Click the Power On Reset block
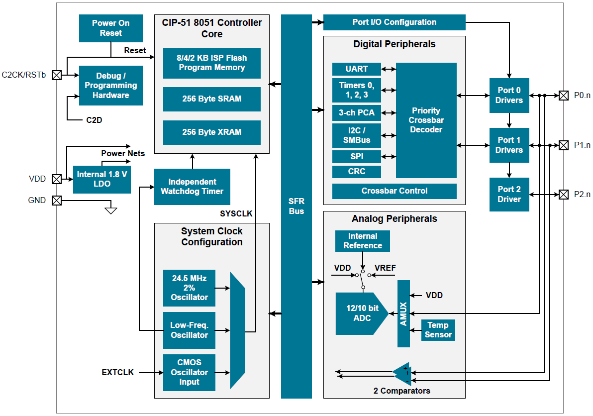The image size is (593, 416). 110,28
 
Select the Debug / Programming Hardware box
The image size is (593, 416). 110,86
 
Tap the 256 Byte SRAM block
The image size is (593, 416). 211,99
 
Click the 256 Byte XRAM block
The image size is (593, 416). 211,132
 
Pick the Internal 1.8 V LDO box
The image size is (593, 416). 102,179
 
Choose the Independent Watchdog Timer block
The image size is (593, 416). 192,187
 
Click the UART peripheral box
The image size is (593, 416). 356,69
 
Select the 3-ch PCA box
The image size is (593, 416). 356,113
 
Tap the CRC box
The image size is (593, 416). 356,172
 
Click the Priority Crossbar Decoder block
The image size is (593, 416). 426,120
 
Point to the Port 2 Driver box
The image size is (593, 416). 509,195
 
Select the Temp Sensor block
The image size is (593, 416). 438,330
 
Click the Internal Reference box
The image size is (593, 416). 362,241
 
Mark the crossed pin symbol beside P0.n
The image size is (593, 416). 563,95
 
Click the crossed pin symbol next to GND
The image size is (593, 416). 57,201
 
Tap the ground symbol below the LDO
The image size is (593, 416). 111,210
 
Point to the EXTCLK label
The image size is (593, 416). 117,372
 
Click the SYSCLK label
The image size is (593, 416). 236,214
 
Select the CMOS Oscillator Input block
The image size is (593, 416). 189,373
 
